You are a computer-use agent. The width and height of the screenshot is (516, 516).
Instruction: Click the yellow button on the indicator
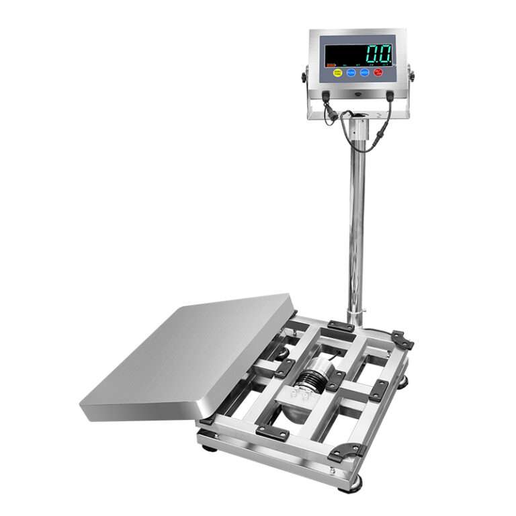coord(338,72)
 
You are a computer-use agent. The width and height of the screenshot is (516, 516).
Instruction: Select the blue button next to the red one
coord(365,72)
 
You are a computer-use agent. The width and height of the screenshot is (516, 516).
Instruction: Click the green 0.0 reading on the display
coord(378,54)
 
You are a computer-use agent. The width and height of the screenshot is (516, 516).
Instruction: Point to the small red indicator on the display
coord(331,64)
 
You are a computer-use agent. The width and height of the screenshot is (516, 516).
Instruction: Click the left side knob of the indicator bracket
coord(304,77)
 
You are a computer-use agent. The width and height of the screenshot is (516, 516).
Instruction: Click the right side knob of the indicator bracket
coord(411,75)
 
